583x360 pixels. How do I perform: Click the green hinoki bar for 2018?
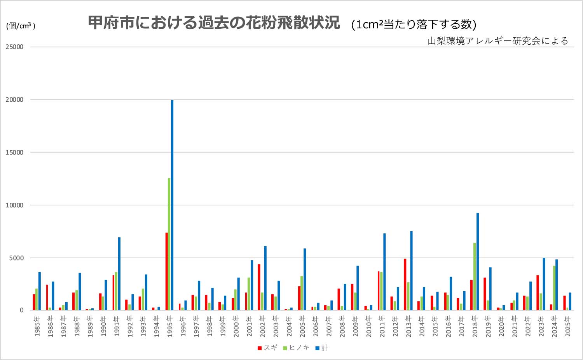point(475,277)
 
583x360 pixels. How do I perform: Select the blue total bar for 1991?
point(119,274)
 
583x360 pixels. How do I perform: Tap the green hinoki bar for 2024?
point(554,288)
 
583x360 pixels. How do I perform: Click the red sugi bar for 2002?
point(259,287)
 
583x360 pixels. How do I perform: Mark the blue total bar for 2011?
point(384,272)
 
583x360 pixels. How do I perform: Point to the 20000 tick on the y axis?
point(14,99)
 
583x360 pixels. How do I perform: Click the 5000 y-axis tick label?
point(16,258)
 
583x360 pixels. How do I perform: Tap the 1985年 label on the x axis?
point(37,326)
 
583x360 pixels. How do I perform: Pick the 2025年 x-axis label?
point(567,326)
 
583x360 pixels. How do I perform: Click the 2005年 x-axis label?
point(302,326)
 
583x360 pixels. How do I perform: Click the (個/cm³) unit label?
point(21,26)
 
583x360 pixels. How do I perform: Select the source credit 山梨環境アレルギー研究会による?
point(498,41)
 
